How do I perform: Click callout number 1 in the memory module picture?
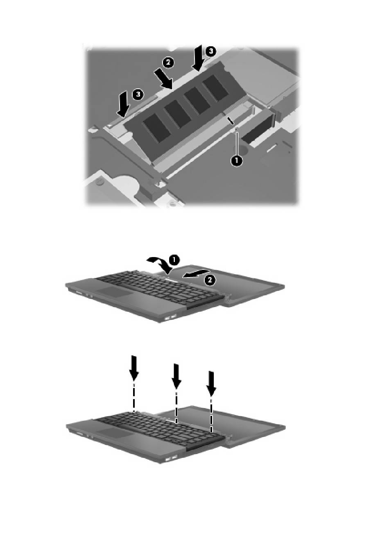point(236,160)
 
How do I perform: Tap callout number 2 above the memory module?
point(167,63)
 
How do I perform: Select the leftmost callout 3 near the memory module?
point(138,94)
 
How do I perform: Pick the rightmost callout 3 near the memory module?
point(210,51)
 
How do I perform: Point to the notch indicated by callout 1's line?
point(231,120)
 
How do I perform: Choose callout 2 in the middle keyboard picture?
point(209,280)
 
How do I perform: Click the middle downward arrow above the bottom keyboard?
point(176,376)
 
